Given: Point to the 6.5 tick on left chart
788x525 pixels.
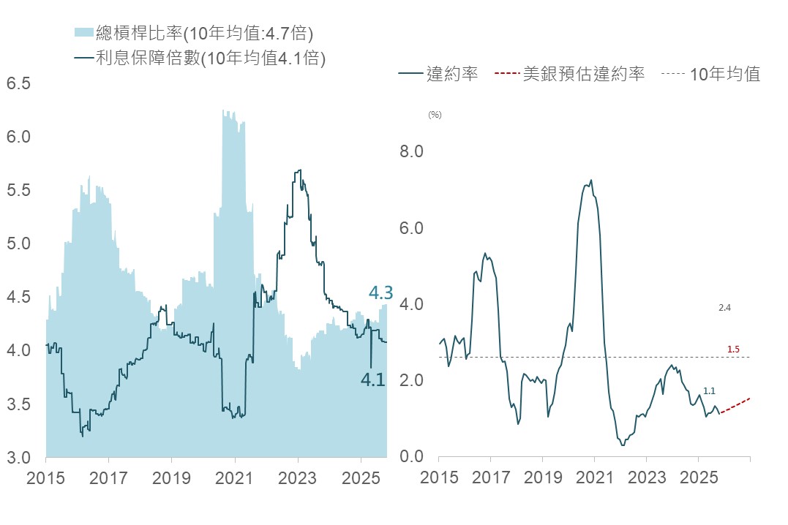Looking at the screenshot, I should click(x=18, y=83).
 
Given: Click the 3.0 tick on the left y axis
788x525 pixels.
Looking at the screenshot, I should click(x=18, y=458).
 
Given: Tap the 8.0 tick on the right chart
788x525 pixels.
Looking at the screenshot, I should click(x=410, y=151).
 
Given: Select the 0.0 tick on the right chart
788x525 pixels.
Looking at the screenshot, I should click(x=410, y=457).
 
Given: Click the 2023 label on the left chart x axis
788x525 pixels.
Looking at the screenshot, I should click(x=297, y=479).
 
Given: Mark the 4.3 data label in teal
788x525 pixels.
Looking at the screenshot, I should click(x=380, y=293).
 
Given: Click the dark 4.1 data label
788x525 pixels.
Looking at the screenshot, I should click(x=373, y=379).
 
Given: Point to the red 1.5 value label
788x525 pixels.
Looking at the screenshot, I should click(x=733, y=350).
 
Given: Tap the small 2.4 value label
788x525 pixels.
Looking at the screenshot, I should click(x=724, y=309).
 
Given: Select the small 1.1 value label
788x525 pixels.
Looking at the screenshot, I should click(x=709, y=391).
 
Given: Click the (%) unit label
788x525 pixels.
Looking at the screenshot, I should click(x=435, y=114).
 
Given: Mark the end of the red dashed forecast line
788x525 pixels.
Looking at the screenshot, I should click(x=750, y=398).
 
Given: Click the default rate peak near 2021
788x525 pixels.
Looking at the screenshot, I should click(x=590, y=180).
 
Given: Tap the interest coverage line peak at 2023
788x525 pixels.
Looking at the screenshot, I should click(x=299, y=170).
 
